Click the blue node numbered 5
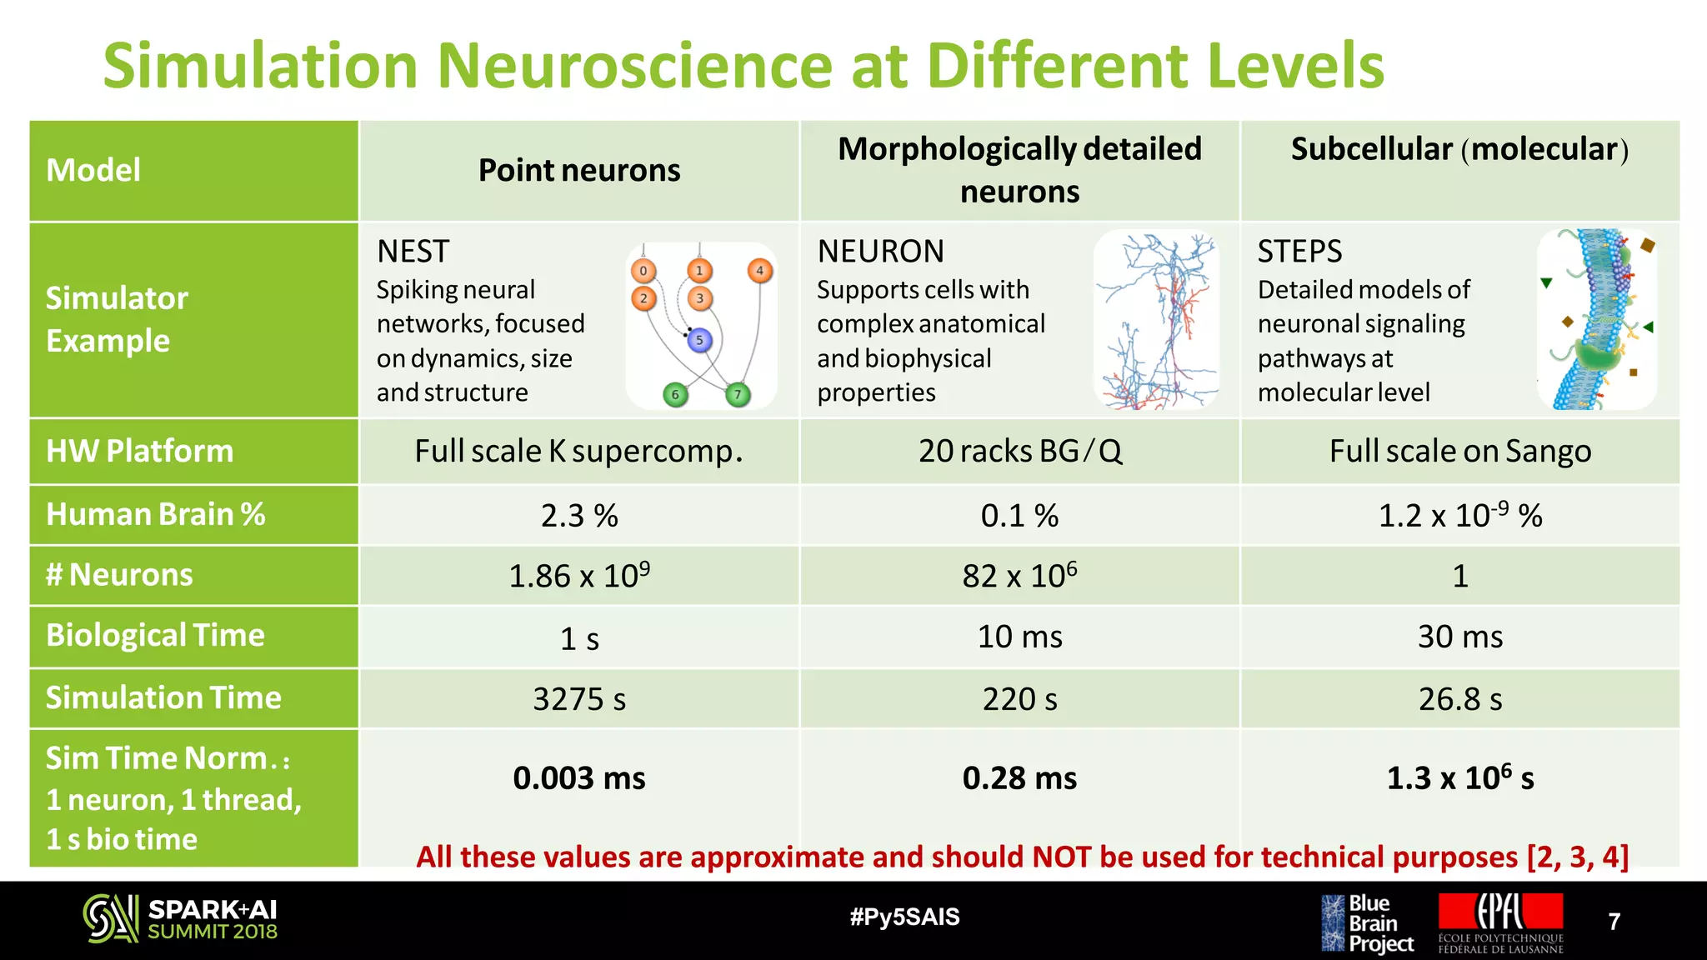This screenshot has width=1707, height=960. pyautogui.click(x=699, y=340)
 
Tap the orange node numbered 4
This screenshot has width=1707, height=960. pyautogui.click(x=759, y=271)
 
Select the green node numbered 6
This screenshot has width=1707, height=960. pyautogui.click(x=675, y=394)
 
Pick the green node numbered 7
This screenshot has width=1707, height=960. pyautogui.click(x=738, y=394)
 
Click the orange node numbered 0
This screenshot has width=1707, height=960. pyautogui.click(x=643, y=271)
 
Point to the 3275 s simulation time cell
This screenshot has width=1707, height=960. pyautogui.click(x=579, y=699)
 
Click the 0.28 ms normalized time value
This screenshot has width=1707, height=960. pyautogui.click(x=1019, y=778)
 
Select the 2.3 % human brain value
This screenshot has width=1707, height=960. pyautogui.click(x=579, y=516)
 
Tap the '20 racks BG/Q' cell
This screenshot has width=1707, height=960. pyautogui.click(x=1019, y=451)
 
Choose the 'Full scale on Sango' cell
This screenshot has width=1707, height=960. pyautogui.click(x=1459, y=451)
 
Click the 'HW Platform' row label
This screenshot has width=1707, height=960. pyautogui.click(x=140, y=451)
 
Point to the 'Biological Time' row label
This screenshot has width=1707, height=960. pyautogui.click(x=155, y=635)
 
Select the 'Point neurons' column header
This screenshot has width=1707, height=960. pyautogui.click(x=579, y=170)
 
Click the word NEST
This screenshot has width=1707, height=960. pyautogui.click(x=413, y=251)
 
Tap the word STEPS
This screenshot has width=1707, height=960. pyautogui.click(x=1299, y=251)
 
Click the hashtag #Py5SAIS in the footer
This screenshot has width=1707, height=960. pyautogui.click(x=904, y=917)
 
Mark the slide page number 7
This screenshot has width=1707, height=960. pyautogui.click(x=1614, y=921)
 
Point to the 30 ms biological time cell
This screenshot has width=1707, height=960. pyautogui.click(x=1459, y=637)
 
